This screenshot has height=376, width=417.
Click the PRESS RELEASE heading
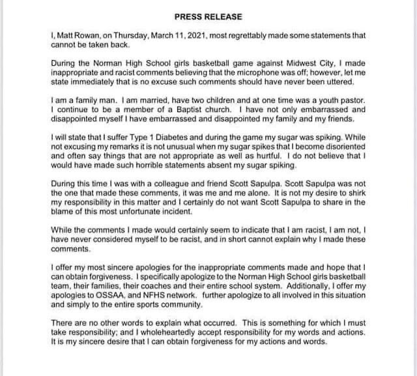tap(207, 16)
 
